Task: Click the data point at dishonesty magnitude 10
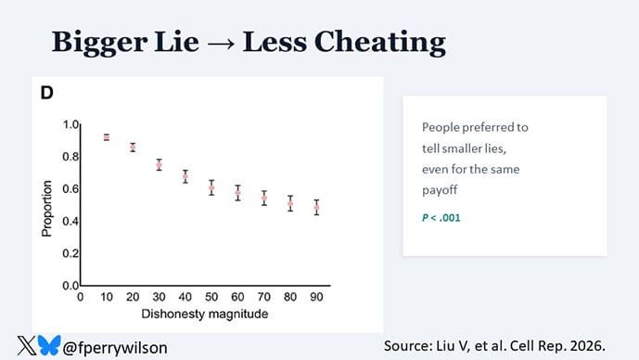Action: pyautogui.click(x=107, y=137)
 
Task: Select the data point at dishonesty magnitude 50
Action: pyautogui.click(x=211, y=187)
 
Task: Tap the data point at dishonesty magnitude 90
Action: pyautogui.click(x=316, y=208)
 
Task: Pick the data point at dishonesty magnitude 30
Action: pyautogui.click(x=160, y=165)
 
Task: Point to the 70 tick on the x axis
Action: pyautogui.click(x=264, y=297)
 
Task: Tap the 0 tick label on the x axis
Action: pyautogui.click(x=81, y=297)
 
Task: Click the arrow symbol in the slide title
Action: pyautogui.click(x=218, y=43)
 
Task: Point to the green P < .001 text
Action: pyautogui.click(x=441, y=218)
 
